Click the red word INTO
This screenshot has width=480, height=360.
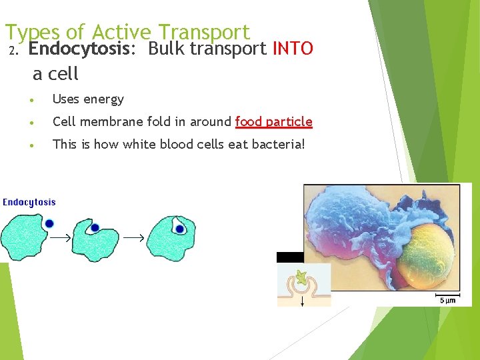(x=293, y=49)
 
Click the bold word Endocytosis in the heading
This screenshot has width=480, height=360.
(x=73, y=49)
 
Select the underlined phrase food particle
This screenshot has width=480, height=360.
(x=273, y=121)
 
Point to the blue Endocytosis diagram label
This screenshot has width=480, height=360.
(x=29, y=202)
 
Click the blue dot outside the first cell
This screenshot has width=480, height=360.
(x=49, y=223)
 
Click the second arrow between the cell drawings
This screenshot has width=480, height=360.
(x=134, y=237)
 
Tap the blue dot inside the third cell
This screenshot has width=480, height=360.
(x=179, y=229)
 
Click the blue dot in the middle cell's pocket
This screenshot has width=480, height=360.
(x=95, y=228)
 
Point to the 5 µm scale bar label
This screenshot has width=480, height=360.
(x=447, y=301)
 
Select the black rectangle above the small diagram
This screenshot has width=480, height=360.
(x=290, y=257)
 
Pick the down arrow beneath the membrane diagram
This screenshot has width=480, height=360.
(x=303, y=301)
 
